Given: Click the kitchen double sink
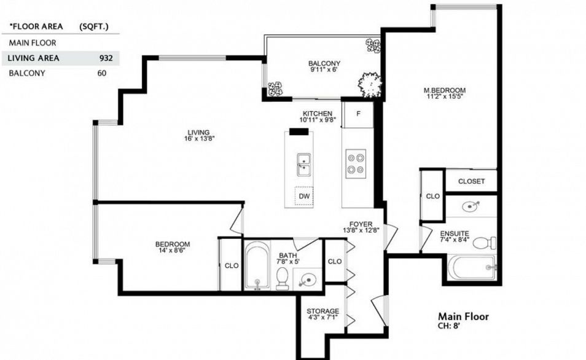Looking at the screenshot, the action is click(x=303, y=165).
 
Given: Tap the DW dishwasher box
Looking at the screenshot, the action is click(x=304, y=195).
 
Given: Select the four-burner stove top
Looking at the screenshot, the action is click(x=356, y=164).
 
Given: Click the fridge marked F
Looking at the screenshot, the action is click(x=358, y=114).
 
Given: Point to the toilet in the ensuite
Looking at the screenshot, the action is click(x=485, y=243).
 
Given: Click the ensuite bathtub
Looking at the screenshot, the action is click(x=472, y=267).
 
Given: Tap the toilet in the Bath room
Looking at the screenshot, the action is click(x=282, y=279).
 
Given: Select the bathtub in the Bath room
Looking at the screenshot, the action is click(x=257, y=265).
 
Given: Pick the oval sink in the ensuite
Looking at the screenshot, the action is click(x=471, y=206).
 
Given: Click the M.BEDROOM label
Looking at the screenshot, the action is click(x=444, y=90).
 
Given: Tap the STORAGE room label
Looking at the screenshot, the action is click(x=323, y=311).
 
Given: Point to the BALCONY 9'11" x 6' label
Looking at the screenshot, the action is click(x=324, y=66).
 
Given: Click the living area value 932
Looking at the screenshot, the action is click(x=106, y=58).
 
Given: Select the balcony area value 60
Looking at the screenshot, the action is click(x=101, y=73).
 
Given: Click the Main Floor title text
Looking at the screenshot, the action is click(x=463, y=316).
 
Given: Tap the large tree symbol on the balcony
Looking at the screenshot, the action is click(x=370, y=85).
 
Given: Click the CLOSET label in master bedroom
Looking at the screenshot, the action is click(x=471, y=181).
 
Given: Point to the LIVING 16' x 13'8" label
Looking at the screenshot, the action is click(x=199, y=135).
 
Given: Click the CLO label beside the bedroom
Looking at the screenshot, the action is click(x=232, y=266).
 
